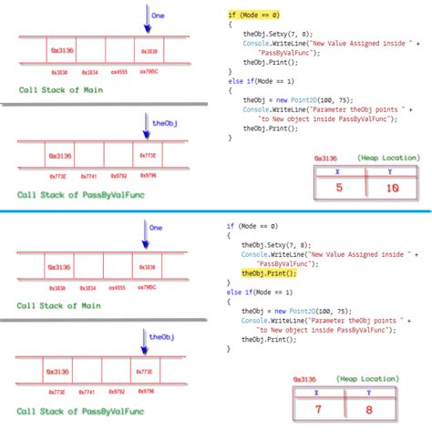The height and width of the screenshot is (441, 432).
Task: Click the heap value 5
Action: tap(339, 188)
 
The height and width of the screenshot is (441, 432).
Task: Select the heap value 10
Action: tap(393, 188)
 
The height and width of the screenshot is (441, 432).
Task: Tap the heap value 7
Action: tap(319, 410)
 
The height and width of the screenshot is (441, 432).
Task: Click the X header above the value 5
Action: tap(339, 170)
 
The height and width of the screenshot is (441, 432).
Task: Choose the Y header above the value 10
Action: tap(393, 170)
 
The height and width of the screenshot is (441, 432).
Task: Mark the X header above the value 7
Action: tap(319, 393)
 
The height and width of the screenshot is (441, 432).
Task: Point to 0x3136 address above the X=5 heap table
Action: tap(325, 159)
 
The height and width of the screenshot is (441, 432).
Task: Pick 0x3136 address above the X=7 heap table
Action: tap(305, 379)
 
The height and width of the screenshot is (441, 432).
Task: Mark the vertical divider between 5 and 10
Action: tap(365, 188)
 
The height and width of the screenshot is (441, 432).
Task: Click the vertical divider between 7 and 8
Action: tap(345, 410)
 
